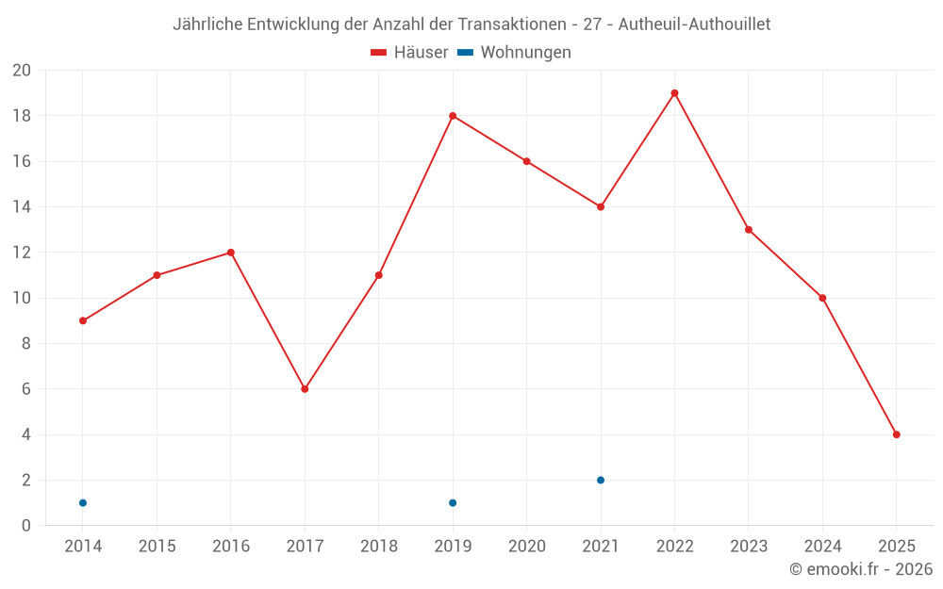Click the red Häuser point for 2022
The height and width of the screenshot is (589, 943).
tap(674, 93)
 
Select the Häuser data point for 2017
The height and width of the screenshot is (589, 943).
tap(305, 389)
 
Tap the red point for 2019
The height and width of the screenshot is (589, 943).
tap(453, 116)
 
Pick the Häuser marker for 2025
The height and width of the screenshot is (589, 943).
tap(897, 434)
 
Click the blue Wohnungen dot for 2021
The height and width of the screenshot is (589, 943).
tap(601, 481)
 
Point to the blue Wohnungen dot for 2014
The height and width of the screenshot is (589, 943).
tap(83, 503)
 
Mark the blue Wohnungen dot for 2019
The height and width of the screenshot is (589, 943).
tap(453, 503)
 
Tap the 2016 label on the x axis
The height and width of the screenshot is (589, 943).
tap(231, 547)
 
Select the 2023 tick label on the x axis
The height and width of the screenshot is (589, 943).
tap(749, 547)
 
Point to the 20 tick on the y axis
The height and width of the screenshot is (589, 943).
tap(22, 71)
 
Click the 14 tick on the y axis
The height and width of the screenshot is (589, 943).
tap(22, 207)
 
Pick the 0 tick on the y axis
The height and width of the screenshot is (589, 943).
tap(26, 526)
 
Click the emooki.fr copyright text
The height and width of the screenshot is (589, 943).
tap(861, 569)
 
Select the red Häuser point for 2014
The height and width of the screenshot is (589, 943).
tap(83, 321)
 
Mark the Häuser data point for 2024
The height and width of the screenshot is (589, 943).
tap(822, 299)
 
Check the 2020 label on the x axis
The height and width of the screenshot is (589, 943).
tap(527, 547)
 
